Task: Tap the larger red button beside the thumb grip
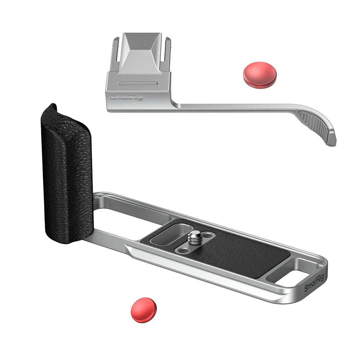pos(260,75)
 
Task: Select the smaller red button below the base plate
pos(144,310)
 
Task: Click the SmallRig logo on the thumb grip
pos(126,98)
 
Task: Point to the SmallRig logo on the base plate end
pos(314,283)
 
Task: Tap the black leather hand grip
pos(67,175)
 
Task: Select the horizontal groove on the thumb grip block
pos(138,83)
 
